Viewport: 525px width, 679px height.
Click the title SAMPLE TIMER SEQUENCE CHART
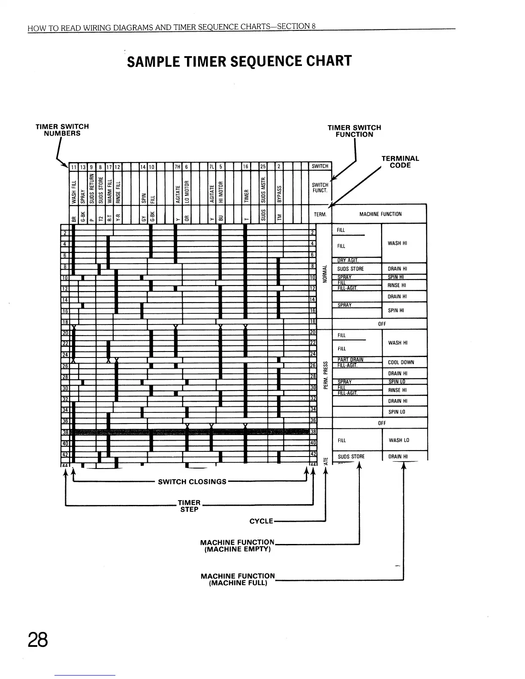coord(239,61)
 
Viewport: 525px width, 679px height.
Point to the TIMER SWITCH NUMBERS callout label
coord(62,129)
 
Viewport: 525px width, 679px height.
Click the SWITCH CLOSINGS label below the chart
coord(192,481)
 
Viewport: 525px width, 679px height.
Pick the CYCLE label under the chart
coord(261,521)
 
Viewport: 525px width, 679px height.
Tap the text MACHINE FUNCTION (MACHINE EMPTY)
coord(237,546)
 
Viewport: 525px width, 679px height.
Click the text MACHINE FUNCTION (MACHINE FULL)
coord(238,579)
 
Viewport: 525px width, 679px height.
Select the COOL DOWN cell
coord(400,362)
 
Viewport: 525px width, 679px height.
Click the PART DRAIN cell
coord(350,360)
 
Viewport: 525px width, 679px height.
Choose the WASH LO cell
coord(399,440)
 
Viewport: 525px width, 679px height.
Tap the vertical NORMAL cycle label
coord(325,273)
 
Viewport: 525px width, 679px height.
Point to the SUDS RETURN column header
coord(91,189)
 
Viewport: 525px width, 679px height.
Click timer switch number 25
coord(263,166)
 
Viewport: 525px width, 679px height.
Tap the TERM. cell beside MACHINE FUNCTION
coord(320,214)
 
